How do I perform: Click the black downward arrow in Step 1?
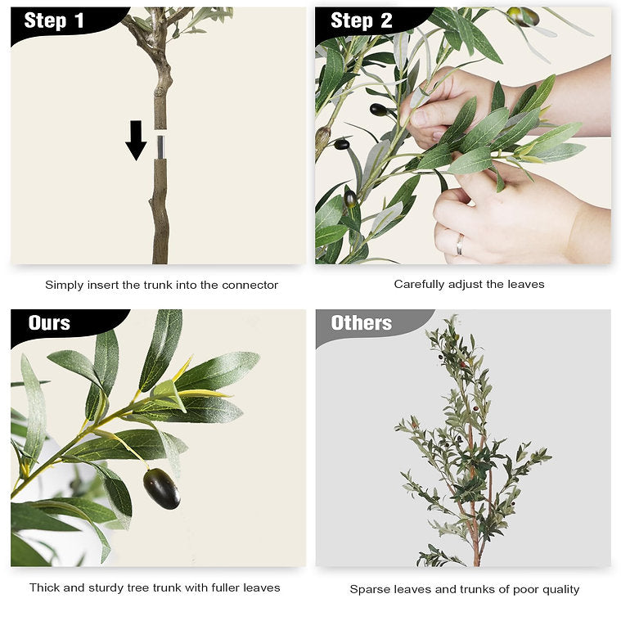point(136,140)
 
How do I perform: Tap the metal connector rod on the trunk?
point(160,147)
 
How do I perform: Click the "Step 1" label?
point(54,20)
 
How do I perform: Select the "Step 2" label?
point(361,20)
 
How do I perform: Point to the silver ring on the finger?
point(460,245)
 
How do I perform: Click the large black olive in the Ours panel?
point(161,488)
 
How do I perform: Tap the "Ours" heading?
point(50,323)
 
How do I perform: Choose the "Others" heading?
point(361,323)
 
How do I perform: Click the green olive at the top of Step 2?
point(523,17)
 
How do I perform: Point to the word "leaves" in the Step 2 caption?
point(526,284)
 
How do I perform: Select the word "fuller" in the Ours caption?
point(226,587)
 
